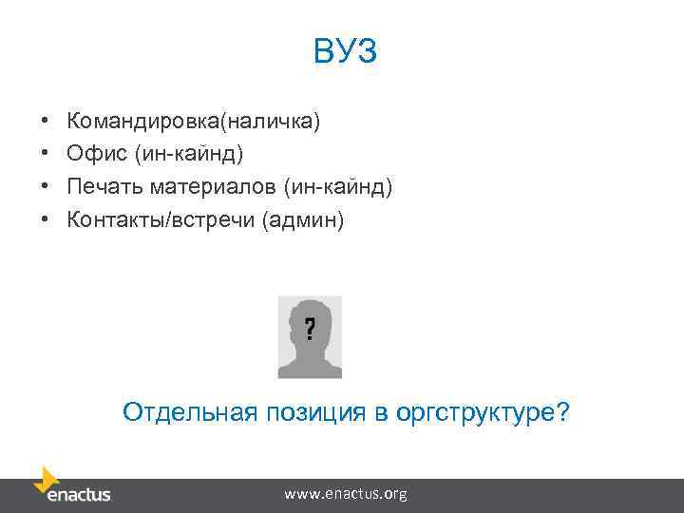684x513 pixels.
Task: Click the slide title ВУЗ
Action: [345, 51]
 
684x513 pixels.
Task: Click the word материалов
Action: [217, 187]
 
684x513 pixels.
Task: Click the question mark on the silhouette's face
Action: [310, 329]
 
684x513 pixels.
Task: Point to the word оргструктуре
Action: [494, 412]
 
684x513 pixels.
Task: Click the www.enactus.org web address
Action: [346, 494]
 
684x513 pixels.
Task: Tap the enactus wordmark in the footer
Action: [79, 495]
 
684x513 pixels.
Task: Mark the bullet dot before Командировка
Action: [45, 123]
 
